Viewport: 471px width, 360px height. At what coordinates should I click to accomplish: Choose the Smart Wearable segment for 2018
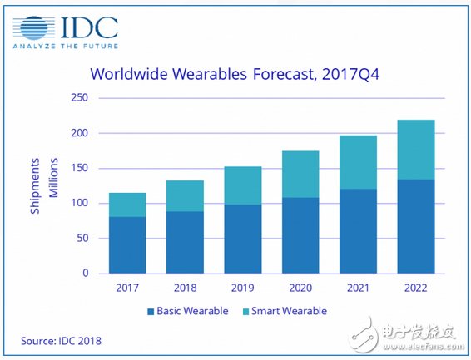click(x=184, y=195)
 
